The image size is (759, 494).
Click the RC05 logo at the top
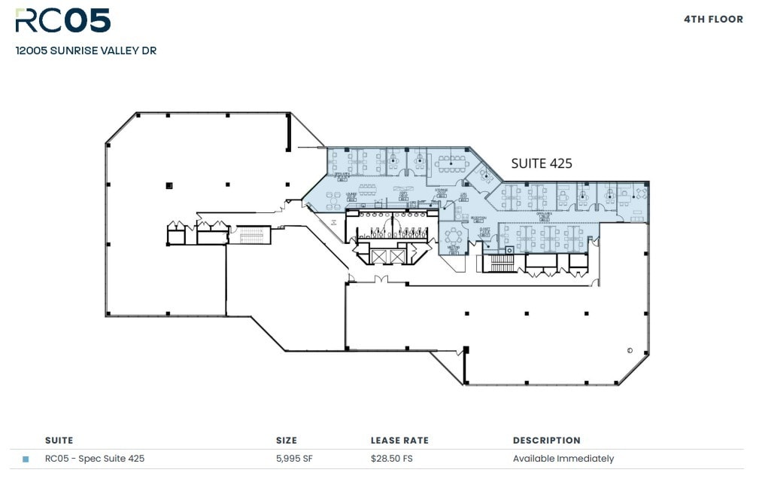[x=63, y=20]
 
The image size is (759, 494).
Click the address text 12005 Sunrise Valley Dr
[x=86, y=51]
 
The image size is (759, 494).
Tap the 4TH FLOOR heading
[x=713, y=19]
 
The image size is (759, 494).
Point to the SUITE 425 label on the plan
[x=542, y=163]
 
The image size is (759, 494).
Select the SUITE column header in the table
[x=59, y=441]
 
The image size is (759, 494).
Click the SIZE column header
[x=286, y=441]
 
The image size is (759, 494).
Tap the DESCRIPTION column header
[x=546, y=441]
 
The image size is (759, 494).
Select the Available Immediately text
[x=563, y=459]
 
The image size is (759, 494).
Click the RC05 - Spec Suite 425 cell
[x=95, y=459]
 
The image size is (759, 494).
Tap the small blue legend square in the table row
[x=26, y=459]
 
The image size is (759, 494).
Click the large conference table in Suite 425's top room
[x=451, y=160]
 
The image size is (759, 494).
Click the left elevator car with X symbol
[x=378, y=257]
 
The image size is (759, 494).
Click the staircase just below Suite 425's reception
[x=502, y=263]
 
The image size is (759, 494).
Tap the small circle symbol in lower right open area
[x=630, y=350]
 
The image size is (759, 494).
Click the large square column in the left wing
[x=169, y=184]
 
